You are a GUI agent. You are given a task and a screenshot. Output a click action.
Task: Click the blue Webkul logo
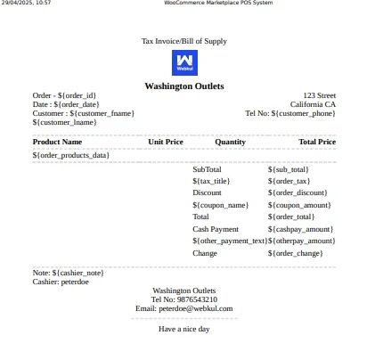(x=184, y=62)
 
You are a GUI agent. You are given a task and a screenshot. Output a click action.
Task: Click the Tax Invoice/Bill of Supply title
(x=184, y=41)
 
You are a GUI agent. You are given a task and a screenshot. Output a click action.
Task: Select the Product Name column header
(x=57, y=142)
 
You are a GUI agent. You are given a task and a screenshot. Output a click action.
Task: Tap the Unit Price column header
(x=166, y=142)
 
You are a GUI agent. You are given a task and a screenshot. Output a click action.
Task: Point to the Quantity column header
(x=230, y=142)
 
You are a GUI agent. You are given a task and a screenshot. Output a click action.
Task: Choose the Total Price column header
(x=317, y=142)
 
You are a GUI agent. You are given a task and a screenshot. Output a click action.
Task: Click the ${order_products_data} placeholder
(x=70, y=155)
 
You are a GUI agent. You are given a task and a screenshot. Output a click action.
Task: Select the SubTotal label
(x=207, y=168)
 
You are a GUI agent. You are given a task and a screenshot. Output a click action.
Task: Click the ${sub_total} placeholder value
(x=288, y=168)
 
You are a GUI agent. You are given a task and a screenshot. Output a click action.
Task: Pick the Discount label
(x=207, y=192)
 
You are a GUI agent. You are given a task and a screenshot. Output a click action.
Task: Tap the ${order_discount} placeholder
(x=298, y=192)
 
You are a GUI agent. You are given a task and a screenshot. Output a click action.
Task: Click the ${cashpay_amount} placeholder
(x=300, y=229)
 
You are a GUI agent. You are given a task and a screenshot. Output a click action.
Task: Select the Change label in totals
(x=205, y=253)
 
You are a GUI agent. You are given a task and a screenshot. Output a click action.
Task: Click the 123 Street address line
(x=319, y=94)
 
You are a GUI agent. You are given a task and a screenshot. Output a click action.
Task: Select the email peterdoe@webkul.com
(x=184, y=308)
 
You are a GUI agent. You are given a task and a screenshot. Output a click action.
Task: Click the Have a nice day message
(x=184, y=329)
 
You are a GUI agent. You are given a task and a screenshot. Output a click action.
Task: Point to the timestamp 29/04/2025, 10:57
(x=26, y=4)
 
